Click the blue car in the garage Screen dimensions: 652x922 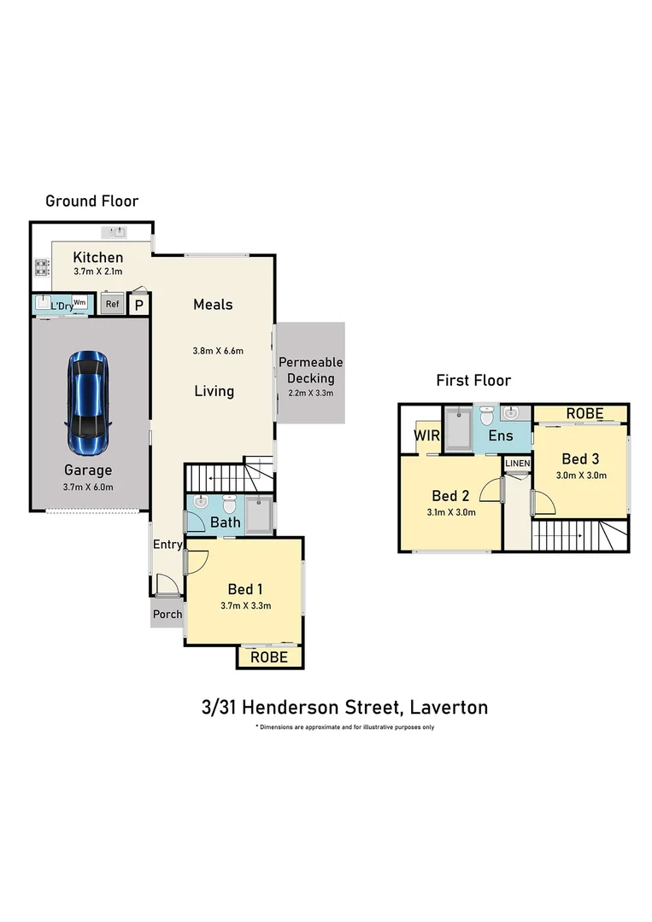[x=88, y=403]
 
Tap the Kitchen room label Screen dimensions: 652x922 [x=97, y=258]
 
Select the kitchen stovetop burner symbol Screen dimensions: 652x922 [x=42, y=268]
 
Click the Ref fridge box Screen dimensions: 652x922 [x=113, y=304]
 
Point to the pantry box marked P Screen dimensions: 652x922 [x=139, y=305]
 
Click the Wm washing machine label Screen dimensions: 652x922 [x=79, y=302]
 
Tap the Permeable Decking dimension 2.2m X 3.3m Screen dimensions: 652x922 [x=311, y=393]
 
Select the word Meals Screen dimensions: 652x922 [x=213, y=305]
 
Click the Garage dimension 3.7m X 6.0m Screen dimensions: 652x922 [x=88, y=487]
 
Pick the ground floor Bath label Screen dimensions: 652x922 [x=226, y=522]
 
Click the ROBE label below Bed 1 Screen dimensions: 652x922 [x=269, y=657]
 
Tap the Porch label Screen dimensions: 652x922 [x=167, y=614]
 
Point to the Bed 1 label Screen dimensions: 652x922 [x=245, y=589]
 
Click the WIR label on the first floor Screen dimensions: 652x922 [x=426, y=435]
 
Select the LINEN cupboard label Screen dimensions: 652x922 [x=518, y=464]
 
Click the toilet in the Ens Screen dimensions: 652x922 [x=486, y=416]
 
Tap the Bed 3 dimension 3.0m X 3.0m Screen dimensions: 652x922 [x=581, y=476]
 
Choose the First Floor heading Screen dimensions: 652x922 [x=473, y=381]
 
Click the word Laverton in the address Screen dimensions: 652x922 [x=449, y=707]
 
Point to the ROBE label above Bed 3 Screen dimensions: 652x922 [x=584, y=414]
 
